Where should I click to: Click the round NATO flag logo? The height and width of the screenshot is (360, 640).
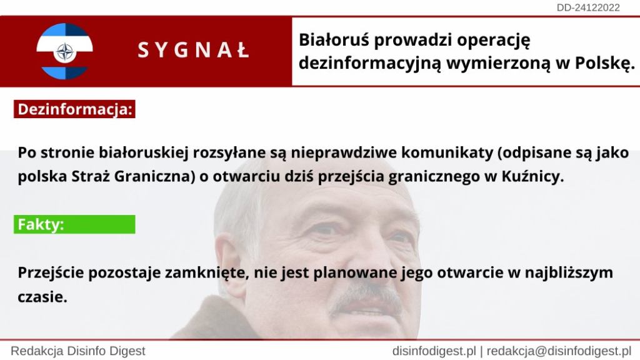coord(64,51)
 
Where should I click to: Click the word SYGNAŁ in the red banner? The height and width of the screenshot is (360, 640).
coord(194,51)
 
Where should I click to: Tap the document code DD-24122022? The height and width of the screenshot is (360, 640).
coord(588,7)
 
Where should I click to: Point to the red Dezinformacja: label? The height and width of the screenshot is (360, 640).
coord(75,109)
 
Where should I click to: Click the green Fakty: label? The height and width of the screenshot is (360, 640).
coord(75,224)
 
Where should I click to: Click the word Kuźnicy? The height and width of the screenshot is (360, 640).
coord(532,176)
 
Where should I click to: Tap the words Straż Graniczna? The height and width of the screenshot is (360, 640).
coord(133,176)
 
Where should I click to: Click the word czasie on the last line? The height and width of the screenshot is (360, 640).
coord(42,297)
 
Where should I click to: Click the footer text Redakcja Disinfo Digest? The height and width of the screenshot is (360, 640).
coord(78,351)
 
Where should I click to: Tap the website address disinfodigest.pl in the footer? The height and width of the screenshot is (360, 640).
coord(434,351)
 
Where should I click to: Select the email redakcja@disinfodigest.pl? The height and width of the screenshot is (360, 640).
coord(559,351)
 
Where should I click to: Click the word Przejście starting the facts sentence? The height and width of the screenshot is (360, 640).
coord(51,272)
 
